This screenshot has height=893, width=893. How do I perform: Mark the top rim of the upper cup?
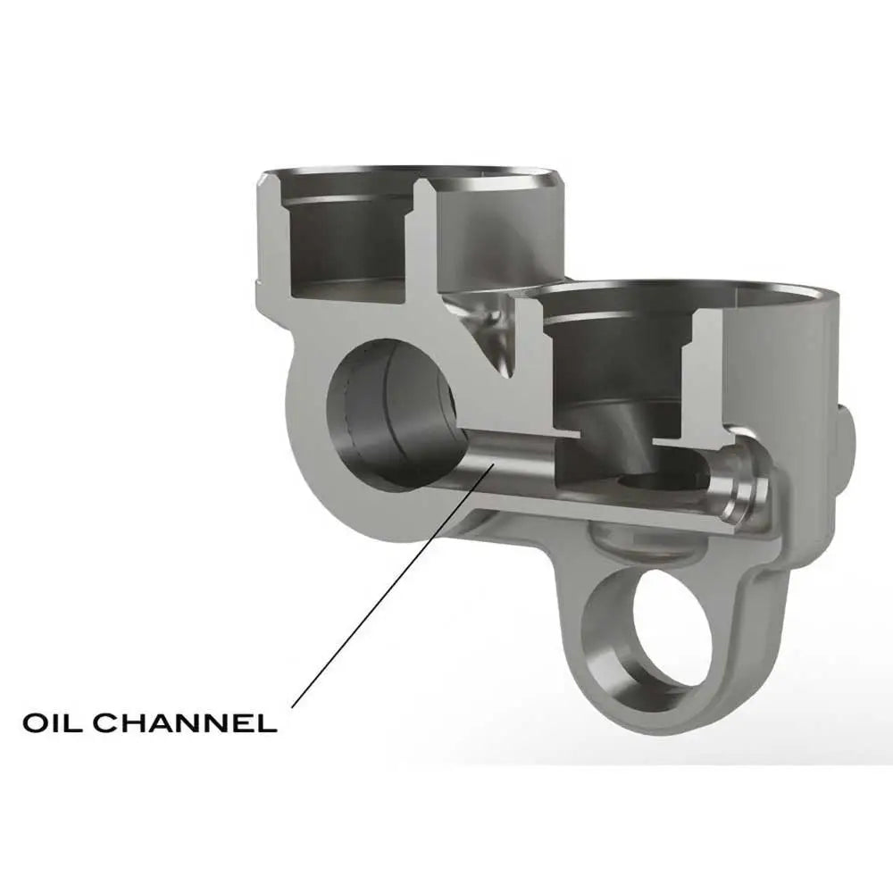(411, 172)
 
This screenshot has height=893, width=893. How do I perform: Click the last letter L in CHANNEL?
(266, 722)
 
